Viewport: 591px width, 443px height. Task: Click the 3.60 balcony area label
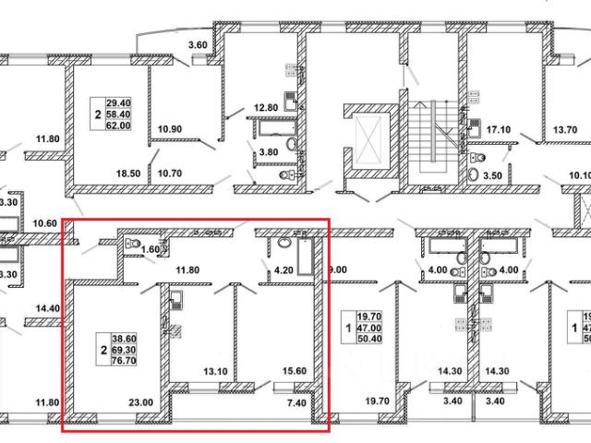(197, 45)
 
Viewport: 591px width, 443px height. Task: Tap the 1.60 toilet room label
(149, 249)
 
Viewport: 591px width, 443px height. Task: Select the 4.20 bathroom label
(283, 271)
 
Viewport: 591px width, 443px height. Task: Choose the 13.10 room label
(213, 373)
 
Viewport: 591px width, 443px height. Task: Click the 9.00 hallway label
(336, 271)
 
